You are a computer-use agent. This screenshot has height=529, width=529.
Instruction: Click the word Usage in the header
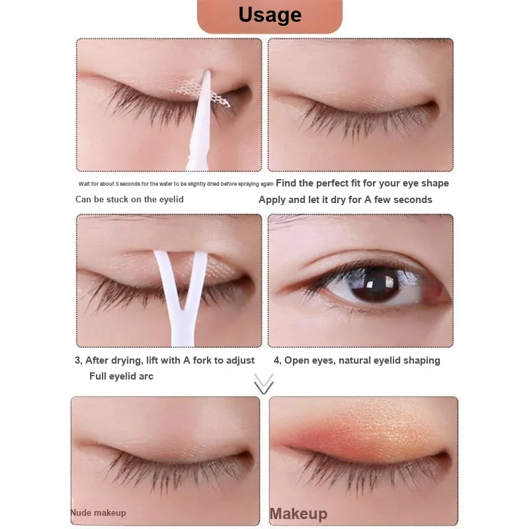tap(270, 15)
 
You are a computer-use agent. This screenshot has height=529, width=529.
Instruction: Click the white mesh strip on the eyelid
tap(202, 93)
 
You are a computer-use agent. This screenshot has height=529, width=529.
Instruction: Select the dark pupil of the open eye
tap(377, 284)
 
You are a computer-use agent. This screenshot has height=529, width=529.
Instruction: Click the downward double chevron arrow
tap(264, 384)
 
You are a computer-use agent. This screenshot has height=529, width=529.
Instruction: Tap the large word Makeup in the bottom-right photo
tap(299, 514)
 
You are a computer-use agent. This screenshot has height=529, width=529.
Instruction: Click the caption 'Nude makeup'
tap(98, 513)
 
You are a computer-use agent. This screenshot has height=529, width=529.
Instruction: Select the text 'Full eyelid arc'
tap(121, 376)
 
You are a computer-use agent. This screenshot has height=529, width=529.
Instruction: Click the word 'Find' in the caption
tap(286, 183)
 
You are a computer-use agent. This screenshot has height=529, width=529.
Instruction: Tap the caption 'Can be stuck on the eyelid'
tap(130, 200)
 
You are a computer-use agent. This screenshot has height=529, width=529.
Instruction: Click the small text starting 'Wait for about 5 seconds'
tap(176, 184)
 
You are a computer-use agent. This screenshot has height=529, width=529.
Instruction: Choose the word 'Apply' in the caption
tap(272, 200)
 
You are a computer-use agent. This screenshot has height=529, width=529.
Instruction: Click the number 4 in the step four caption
tap(276, 360)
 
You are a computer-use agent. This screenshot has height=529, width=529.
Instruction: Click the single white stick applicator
tap(201, 122)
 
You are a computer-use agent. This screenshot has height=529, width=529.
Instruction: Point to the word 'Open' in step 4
tap(296, 360)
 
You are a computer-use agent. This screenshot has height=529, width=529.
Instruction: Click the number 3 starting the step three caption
tap(77, 360)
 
